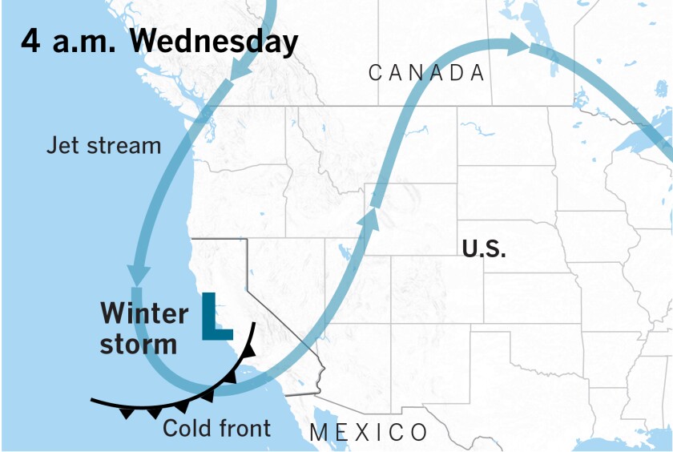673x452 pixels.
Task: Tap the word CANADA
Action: pyautogui.click(x=427, y=74)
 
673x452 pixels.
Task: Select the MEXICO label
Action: pyautogui.click(x=369, y=434)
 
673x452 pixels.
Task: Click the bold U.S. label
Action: pyautogui.click(x=484, y=249)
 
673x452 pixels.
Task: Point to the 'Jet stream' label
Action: pyautogui.click(x=103, y=146)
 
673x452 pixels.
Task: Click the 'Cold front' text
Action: pyautogui.click(x=217, y=428)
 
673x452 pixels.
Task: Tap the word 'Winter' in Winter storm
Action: pyautogui.click(x=144, y=313)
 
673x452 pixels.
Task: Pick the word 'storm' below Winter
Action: pyautogui.click(x=139, y=344)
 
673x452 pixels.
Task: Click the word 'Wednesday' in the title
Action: pyautogui.click(x=209, y=41)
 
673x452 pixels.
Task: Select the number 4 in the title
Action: pyautogui.click(x=31, y=41)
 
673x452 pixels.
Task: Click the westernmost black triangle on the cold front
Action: pyautogui.click(x=127, y=414)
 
